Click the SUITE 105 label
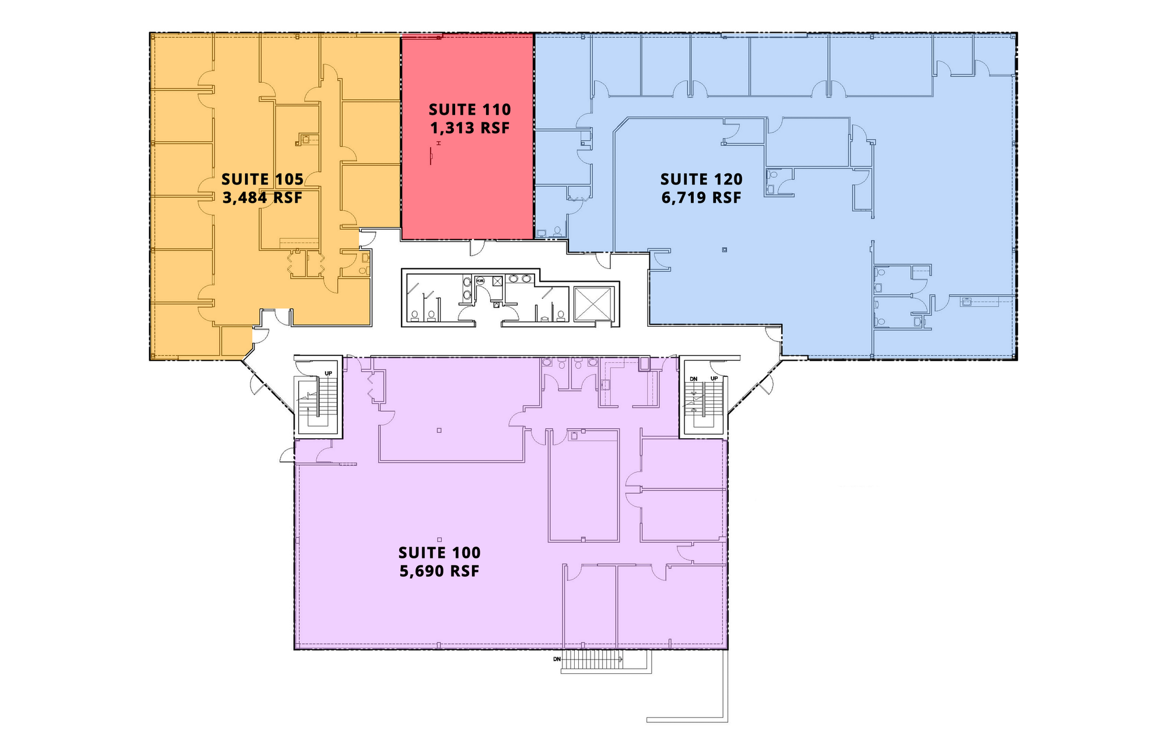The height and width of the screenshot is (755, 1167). click(263, 179)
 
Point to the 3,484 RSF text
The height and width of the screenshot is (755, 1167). click(263, 198)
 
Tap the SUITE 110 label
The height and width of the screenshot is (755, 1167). click(470, 110)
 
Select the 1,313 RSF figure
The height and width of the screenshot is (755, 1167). click(470, 128)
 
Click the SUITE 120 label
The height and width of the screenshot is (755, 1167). click(701, 179)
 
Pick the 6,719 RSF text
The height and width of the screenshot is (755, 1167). click(701, 198)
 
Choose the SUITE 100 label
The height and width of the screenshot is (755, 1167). click(439, 553)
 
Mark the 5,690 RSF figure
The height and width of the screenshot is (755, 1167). click(439, 571)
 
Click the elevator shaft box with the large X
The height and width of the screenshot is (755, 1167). click(593, 304)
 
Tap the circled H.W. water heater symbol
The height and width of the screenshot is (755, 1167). click(480, 281)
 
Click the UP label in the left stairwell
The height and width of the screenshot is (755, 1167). click(329, 373)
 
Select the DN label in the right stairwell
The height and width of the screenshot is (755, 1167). click(694, 379)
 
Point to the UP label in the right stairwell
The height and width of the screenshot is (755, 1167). click(714, 379)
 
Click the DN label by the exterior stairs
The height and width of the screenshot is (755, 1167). click(557, 659)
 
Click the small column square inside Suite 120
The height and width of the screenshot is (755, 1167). click(725, 250)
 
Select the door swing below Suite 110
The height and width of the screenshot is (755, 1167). click(477, 247)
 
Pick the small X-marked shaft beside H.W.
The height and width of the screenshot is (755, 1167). click(497, 281)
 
